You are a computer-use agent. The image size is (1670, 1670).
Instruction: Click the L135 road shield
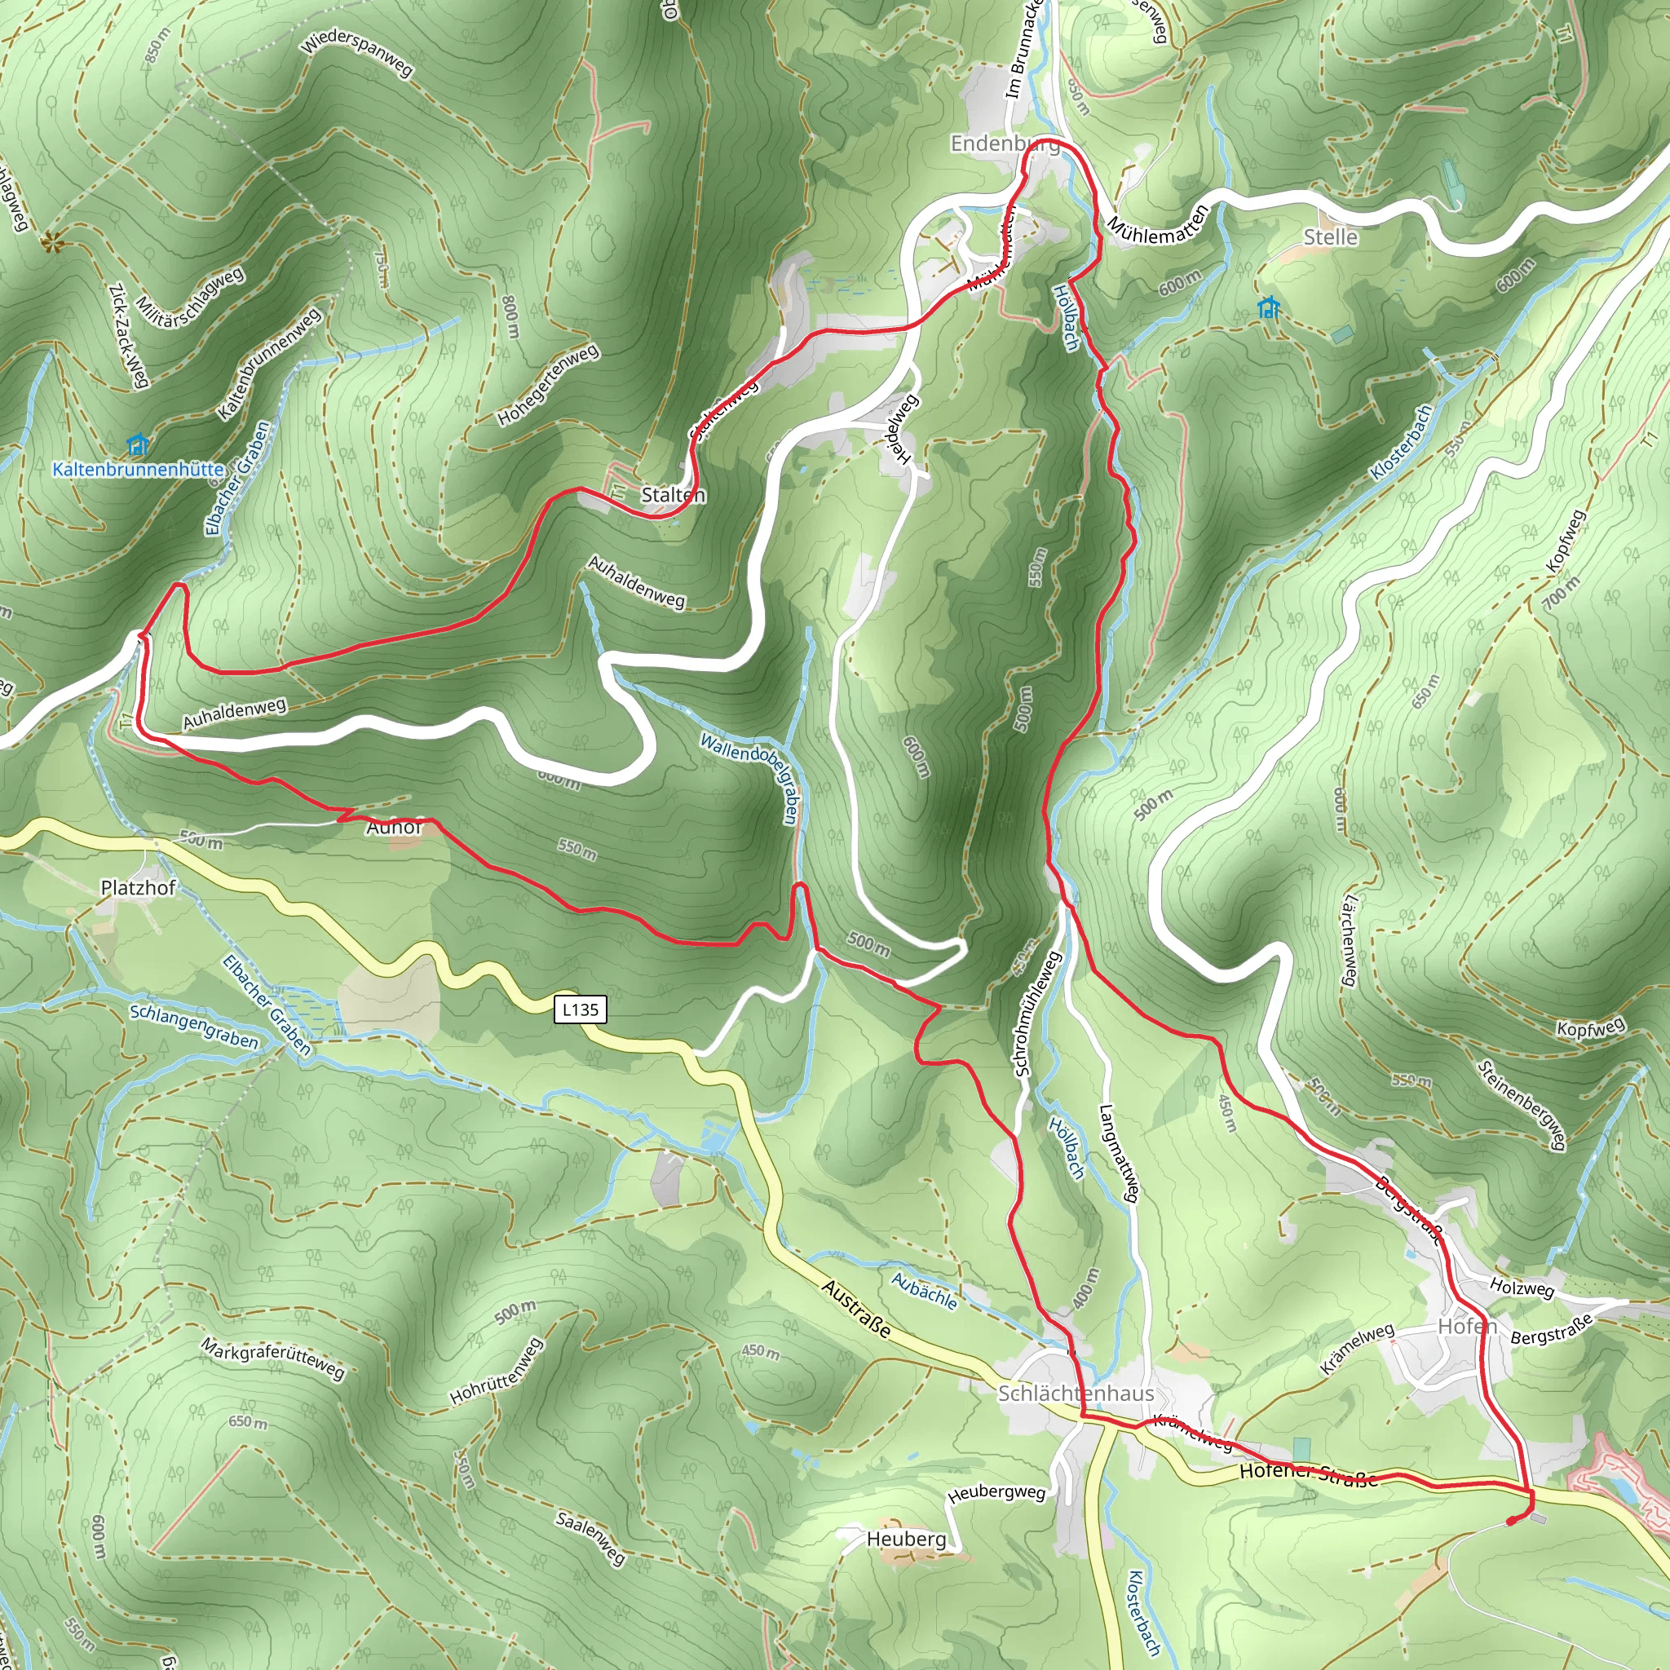click(580, 1009)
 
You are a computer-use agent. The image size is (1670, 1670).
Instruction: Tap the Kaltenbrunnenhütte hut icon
click(136, 446)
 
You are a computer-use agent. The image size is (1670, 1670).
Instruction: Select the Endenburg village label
click(1005, 144)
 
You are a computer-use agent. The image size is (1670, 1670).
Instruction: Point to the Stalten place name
click(674, 495)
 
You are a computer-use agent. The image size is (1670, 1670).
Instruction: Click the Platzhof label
click(139, 888)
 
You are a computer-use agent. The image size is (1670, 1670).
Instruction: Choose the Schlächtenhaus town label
click(1076, 1394)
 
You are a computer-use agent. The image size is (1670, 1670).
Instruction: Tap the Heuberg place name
click(906, 1539)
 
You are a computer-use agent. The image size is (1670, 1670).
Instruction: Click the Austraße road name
click(855, 1310)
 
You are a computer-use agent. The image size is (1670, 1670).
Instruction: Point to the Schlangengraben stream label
click(193, 1026)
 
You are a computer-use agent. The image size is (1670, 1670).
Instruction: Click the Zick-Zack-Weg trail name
click(129, 335)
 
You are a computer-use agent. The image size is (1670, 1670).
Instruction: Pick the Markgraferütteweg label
click(273, 1358)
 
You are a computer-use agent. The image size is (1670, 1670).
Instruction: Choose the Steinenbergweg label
click(1522, 1105)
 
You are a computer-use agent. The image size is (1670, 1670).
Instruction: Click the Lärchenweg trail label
click(1349, 941)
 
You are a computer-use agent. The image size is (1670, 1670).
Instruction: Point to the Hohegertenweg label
click(548, 386)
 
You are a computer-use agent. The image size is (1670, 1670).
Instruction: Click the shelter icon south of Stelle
click(1268, 307)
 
